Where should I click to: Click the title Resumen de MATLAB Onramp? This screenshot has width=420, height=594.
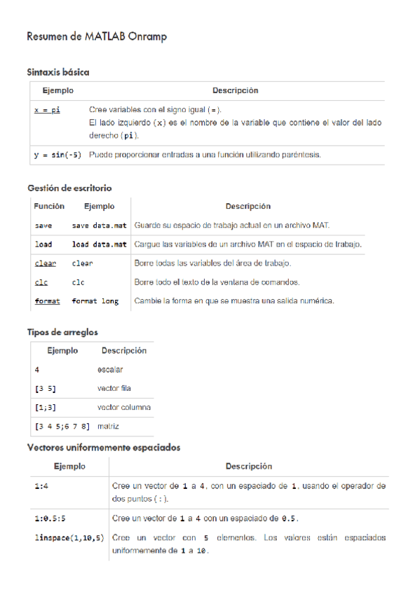tap(97, 36)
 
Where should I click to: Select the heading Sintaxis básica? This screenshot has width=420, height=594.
tap(58, 72)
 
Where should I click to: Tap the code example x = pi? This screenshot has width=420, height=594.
tap(47, 111)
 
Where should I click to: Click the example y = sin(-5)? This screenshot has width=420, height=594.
tap(57, 155)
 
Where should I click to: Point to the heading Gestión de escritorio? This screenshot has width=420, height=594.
tap(69, 188)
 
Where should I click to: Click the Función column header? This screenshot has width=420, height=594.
tap(49, 207)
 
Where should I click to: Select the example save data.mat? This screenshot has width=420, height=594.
tap(99, 226)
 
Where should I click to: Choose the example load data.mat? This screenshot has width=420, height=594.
tap(99, 244)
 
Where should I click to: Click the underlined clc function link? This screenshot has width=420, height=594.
tap(41, 282)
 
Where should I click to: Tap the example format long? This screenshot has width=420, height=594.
tap(95, 301)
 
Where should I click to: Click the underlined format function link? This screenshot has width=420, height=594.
tap(47, 301)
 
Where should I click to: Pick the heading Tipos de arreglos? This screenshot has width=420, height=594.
tap(62, 332)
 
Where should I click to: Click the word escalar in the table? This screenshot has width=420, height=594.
tap(111, 369)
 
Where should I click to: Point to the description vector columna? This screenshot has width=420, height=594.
tap(124, 407)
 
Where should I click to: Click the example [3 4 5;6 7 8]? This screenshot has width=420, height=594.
tap(62, 426)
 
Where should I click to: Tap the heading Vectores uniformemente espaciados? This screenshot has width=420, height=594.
tap(104, 447)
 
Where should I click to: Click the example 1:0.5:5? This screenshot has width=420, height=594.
tap(50, 519)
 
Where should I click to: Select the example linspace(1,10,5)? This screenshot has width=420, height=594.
tap(69, 538)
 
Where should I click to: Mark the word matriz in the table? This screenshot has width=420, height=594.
tap(109, 426)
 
